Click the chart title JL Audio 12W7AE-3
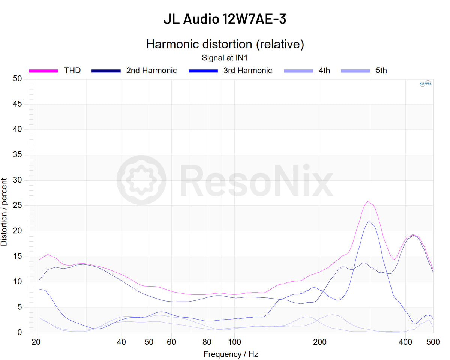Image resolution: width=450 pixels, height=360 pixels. [x=225, y=19]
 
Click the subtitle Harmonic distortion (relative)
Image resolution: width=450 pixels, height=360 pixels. [x=225, y=44]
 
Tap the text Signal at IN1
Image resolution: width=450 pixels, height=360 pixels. [x=225, y=58]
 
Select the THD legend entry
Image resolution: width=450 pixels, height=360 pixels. [x=72, y=70]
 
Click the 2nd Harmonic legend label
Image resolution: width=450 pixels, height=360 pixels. [x=151, y=70]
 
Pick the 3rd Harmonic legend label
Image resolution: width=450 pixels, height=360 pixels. [x=247, y=70]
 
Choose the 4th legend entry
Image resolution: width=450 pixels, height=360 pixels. [x=324, y=70]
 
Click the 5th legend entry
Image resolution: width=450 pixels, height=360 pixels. [x=381, y=70]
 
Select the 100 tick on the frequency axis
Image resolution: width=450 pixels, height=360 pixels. [x=235, y=342]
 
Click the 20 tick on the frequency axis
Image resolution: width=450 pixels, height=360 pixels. [x=36, y=342]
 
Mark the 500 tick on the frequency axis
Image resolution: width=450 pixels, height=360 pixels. [x=433, y=342]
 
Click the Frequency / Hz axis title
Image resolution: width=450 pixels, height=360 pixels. [x=231, y=354]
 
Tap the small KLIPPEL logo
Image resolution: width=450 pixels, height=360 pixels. [x=425, y=84]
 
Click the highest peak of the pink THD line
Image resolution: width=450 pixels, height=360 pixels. [x=368, y=201]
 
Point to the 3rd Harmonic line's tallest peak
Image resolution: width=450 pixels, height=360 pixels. [x=369, y=222]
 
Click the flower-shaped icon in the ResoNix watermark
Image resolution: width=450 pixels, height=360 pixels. [x=141, y=180]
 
